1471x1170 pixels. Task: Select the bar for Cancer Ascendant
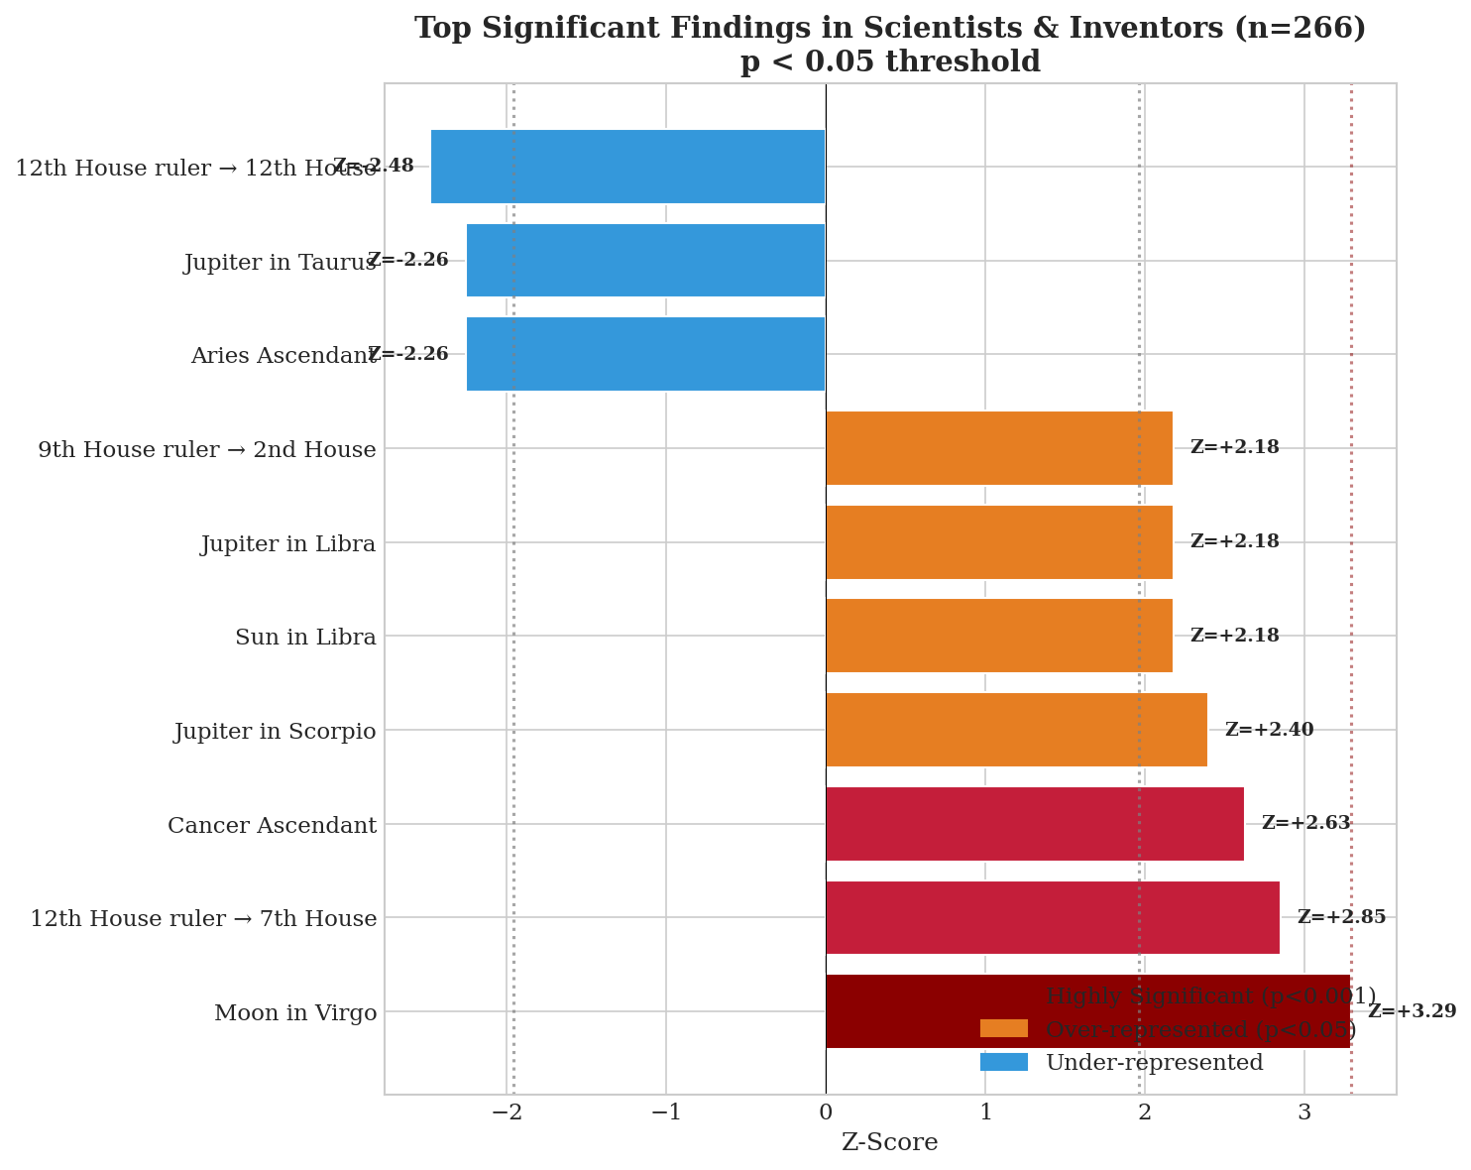click(x=1034, y=824)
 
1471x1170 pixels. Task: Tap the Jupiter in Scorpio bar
click(x=1016, y=730)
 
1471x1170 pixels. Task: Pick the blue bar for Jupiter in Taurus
click(x=645, y=261)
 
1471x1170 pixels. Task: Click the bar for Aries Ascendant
click(x=645, y=354)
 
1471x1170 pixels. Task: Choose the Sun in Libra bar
click(x=998, y=636)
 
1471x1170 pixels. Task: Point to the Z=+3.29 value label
click(x=1412, y=1012)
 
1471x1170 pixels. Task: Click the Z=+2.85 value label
click(x=1341, y=918)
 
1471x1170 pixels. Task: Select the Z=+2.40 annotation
click(x=1269, y=731)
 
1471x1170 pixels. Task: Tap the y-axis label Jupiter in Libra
click(x=288, y=544)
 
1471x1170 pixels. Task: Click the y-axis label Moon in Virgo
click(x=295, y=1013)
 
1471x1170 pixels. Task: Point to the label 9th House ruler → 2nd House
click(x=207, y=450)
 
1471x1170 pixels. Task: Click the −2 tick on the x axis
click(x=507, y=1112)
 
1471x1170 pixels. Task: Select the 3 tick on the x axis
click(x=1303, y=1112)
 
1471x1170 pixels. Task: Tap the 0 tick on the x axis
click(x=826, y=1112)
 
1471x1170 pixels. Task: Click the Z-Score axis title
click(x=889, y=1143)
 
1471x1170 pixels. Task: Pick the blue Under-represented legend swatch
click(x=1003, y=1063)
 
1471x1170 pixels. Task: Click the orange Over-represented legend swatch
click(x=1003, y=1029)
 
